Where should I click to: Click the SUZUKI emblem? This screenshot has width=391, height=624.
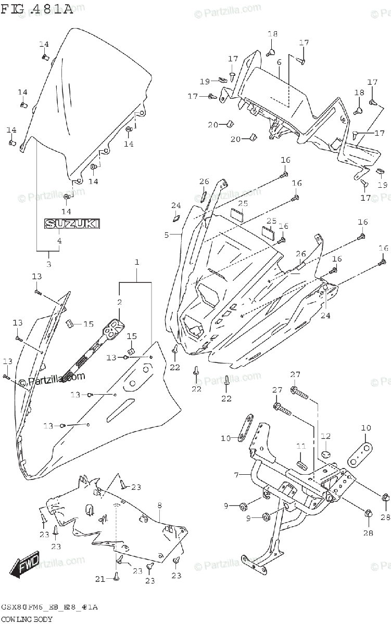click(72, 224)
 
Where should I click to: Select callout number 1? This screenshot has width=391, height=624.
click(137, 263)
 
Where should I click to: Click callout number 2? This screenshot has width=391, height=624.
click(119, 303)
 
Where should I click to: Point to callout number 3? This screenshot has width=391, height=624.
click(49, 265)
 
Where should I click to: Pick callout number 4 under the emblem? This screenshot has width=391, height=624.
click(59, 241)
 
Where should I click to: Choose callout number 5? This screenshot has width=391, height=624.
click(167, 235)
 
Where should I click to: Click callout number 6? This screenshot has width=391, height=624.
click(279, 62)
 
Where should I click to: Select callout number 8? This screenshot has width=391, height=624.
click(159, 505)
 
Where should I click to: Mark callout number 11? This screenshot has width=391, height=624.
click(301, 446)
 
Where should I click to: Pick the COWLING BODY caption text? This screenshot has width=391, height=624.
click(26, 619)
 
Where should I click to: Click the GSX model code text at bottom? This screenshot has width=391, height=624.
click(49, 607)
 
